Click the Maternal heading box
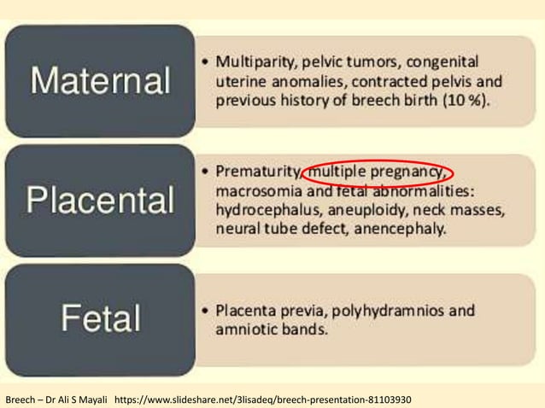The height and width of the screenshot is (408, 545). (100, 81)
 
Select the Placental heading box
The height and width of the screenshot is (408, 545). (100, 201)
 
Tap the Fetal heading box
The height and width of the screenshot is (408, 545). (100, 319)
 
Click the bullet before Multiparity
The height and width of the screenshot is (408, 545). (208, 63)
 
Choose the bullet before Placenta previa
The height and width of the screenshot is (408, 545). (208, 310)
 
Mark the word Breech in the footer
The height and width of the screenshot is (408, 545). (20, 399)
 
